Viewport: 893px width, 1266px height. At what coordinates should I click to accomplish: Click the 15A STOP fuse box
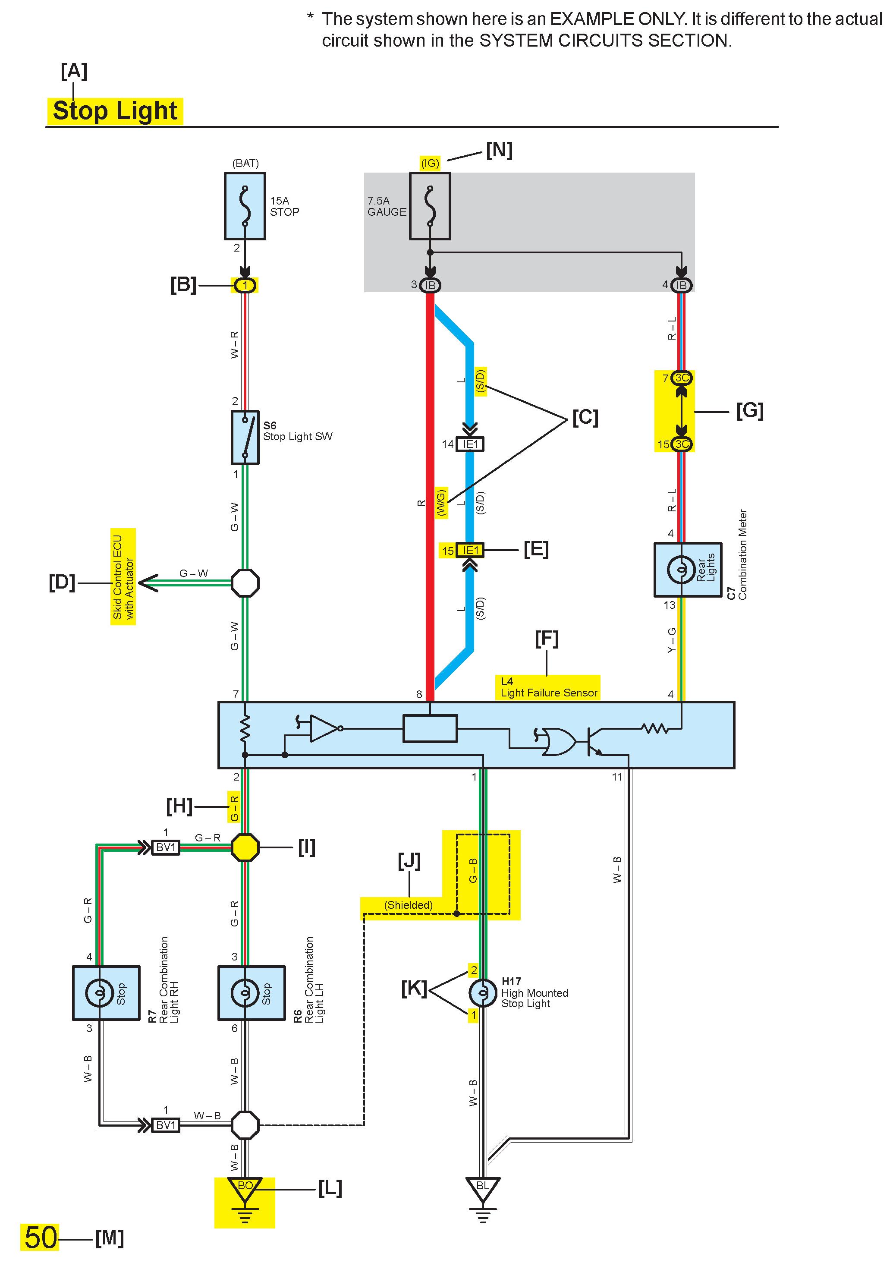245,206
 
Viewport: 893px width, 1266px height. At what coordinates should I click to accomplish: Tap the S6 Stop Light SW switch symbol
245,437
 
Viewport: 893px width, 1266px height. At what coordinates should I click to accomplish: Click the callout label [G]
750,411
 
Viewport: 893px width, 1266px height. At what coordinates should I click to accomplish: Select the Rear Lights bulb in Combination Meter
681,569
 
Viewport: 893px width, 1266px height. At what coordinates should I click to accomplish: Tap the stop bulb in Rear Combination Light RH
100,992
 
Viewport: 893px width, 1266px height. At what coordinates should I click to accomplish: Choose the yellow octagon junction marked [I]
245,847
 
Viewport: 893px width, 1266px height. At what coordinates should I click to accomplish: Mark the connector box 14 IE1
470,444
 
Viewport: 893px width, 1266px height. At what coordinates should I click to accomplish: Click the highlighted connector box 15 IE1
470,550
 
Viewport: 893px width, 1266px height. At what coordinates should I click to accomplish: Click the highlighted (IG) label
430,163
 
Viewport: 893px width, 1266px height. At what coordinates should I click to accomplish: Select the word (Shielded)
409,905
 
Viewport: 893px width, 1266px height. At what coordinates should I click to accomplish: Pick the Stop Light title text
115,111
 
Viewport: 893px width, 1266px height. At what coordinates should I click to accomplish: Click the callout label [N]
499,150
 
